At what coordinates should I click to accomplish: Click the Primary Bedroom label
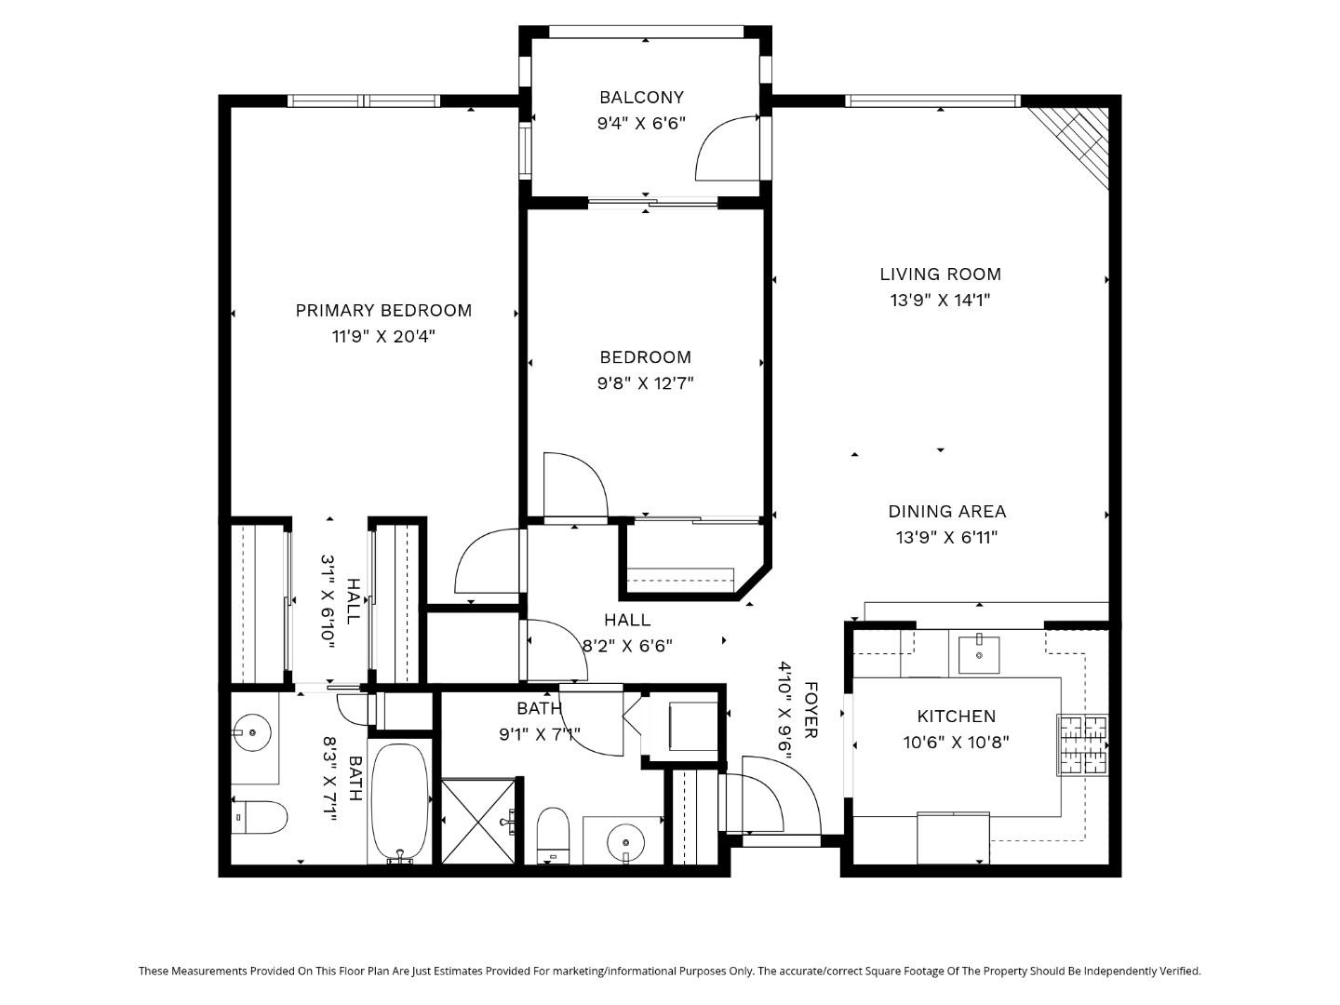click(x=383, y=311)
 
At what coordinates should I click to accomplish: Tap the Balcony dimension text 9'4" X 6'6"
click(x=641, y=123)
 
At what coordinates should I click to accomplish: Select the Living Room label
click(x=940, y=275)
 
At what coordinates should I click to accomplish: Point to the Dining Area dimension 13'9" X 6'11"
click(x=946, y=537)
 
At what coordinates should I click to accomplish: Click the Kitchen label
click(x=956, y=717)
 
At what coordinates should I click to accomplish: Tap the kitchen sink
click(x=979, y=654)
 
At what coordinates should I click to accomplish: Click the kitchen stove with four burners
click(x=1082, y=744)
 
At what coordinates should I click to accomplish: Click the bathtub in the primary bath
click(x=400, y=802)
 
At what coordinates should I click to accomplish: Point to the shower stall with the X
click(x=477, y=822)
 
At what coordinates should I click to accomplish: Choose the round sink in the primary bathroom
click(x=251, y=732)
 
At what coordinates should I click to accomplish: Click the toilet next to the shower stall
click(x=553, y=834)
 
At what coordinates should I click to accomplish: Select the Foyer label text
click(x=810, y=710)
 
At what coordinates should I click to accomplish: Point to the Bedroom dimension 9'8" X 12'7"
click(x=645, y=382)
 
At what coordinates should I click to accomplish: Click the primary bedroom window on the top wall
click(x=363, y=100)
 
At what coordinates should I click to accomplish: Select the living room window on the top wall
click(x=932, y=100)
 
